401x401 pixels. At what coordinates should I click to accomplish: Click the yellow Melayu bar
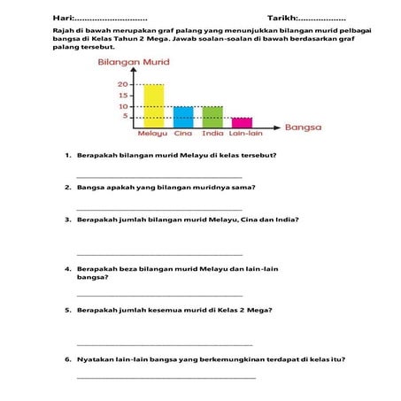click(x=153, y=105)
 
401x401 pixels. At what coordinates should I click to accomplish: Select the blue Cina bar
click(x=183, y=117)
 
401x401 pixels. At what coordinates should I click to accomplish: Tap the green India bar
click(x=212, y=117)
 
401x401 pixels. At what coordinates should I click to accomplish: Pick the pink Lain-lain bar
click(x=242, y=122)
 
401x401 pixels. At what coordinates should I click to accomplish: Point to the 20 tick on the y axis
click(x=123, y=84)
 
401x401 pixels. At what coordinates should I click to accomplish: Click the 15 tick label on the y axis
click(x=123, y=96)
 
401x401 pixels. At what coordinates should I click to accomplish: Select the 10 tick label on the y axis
click(x=123, y=106)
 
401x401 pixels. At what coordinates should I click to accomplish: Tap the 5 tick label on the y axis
click(x=125, y=117)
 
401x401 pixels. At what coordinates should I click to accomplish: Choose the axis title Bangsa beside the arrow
click(x=303, y=127)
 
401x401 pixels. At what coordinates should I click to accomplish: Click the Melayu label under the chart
click(x=152, y=135)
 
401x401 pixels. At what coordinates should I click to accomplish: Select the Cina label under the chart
click(x=183, y=135)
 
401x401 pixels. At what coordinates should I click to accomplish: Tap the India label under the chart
click(x=212, y=135)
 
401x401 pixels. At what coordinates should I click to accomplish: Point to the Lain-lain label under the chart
click(x=243, y=135)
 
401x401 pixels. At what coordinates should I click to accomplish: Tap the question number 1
click(x=67, y=156)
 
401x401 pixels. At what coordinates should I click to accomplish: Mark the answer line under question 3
click(x=159, y=254)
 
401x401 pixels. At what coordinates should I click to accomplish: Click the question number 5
click(x=67, y=311)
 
